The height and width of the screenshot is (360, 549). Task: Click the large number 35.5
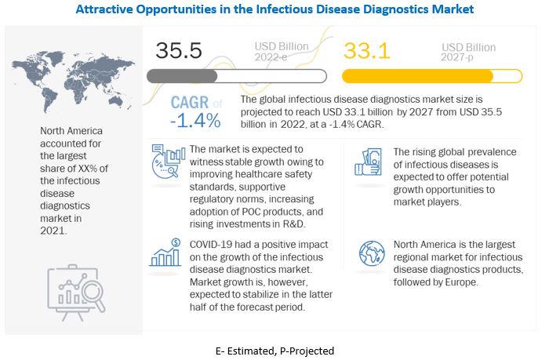tap(179, 50)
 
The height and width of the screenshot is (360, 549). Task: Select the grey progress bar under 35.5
tap(237, 75)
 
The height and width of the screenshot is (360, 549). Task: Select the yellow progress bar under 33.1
tap(432, 75)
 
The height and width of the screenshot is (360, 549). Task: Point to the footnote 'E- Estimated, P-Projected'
tap(274, 351)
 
